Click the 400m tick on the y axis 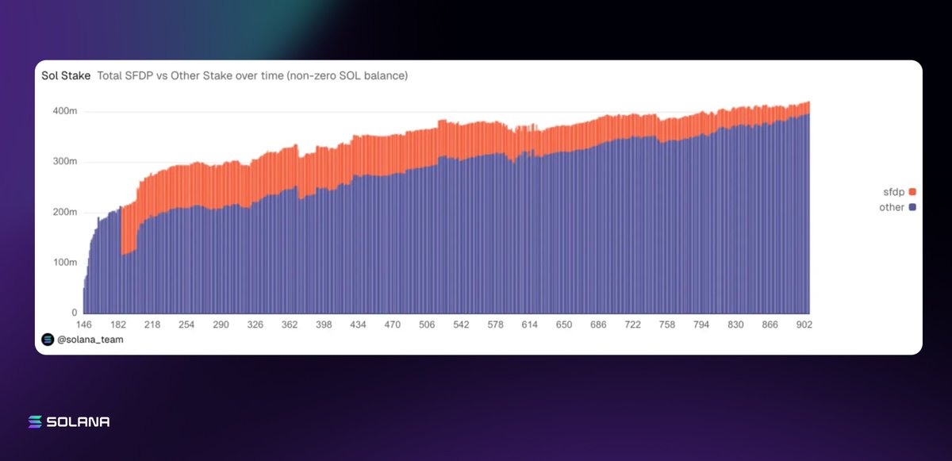(x=64, y=111)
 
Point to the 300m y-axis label (x=64, y=162)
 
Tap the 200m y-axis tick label (x=64, y=212)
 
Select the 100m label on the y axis (x=64, y=262)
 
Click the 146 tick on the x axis (x=84, y=325)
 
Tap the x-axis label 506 (x=427, y=325)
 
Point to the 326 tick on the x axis (x=255, y=325)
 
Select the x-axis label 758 (x=667, y=325)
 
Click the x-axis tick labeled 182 (x=118, y=325)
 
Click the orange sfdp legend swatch (x=912, y=192)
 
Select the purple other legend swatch (x=912, y=207)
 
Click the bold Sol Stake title (x=65, y=76)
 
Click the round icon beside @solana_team (x=48, y=340)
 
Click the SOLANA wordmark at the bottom (x=79, y=422)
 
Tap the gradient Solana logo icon (x=35, y=422)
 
